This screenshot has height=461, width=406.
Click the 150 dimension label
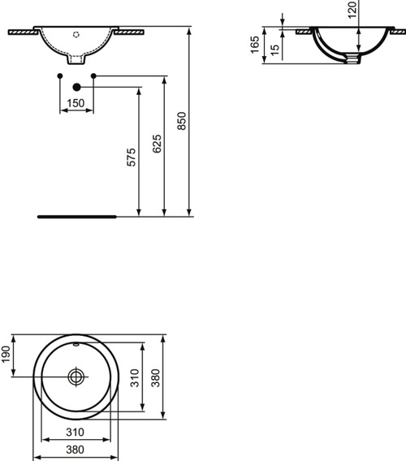point(76,103)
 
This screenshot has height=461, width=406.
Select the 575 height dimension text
point(132,157)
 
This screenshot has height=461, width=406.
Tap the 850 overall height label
point(182,121)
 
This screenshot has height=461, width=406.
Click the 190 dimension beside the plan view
point(6,354)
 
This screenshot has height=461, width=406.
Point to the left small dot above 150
point(61,76)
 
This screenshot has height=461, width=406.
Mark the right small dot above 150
point(93,76)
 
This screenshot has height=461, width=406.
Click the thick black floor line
point(77,218)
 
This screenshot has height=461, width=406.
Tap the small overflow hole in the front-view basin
point(77,34)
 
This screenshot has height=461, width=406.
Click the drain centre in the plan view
point(76,376)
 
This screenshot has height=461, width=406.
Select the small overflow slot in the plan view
point(76,346)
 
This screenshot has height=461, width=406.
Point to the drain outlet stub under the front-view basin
point(77,60)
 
